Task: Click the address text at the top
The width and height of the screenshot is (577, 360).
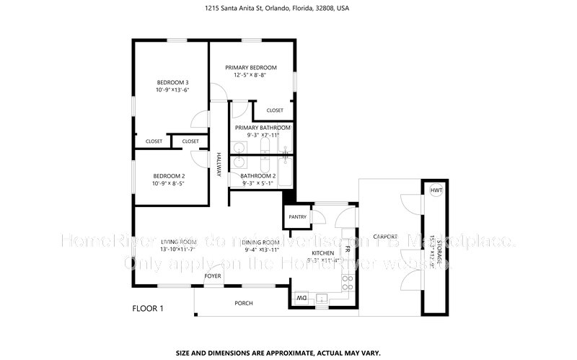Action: click(288, 9)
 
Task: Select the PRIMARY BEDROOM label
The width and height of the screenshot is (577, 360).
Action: click(250, 67)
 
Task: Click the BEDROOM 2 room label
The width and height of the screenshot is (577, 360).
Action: click(168, 176)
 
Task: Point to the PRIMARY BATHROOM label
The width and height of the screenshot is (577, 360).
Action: click(263, 128)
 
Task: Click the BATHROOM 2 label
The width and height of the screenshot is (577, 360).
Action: click(258, 175)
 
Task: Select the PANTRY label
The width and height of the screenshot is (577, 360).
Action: click(297, 216)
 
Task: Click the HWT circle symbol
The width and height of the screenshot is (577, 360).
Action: click(436, 190)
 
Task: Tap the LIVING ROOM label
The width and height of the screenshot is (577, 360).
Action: click(178, 242)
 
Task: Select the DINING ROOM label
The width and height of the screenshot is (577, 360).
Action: click(261, 242)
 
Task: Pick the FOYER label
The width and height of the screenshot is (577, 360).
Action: click(212, 276)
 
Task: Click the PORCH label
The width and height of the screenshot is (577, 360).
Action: click(244, 303)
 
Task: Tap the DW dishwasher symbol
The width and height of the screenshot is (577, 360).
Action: click(301, 297)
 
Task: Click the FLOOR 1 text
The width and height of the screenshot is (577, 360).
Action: click(148, 309)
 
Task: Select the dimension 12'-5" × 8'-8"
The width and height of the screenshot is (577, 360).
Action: click(250, 75)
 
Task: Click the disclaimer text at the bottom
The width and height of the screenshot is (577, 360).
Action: click(288, 354)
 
